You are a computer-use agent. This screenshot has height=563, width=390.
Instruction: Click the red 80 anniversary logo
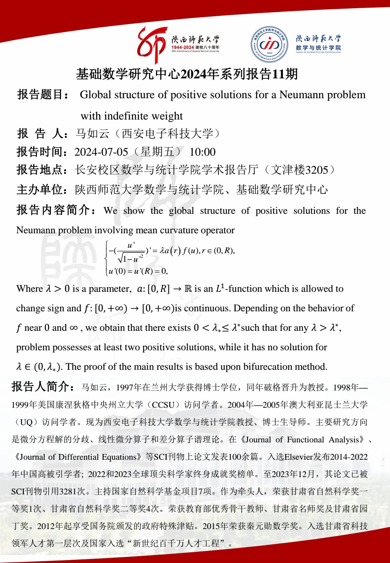point(152,45)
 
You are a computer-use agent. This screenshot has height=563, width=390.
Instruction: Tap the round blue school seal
point(269,44)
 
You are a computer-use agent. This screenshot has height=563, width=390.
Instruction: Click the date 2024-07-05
point(101,152)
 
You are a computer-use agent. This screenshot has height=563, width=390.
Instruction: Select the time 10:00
point(203,152)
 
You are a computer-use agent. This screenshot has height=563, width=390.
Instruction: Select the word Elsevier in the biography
point(298,457)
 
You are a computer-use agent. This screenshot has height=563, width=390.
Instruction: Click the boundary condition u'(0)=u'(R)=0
point(138,271)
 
